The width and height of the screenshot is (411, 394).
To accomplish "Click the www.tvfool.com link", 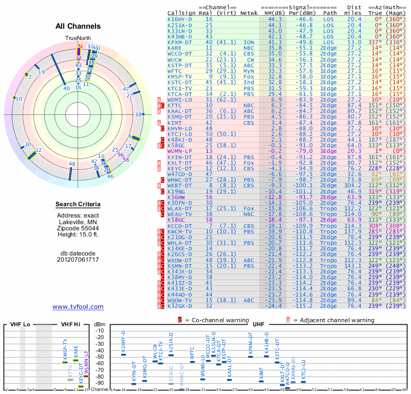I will coord(78,307).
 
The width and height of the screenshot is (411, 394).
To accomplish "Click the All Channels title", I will coord(78,26).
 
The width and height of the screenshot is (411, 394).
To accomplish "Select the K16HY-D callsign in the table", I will coord(180,18).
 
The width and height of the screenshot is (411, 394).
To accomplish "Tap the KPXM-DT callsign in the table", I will coord(180,43).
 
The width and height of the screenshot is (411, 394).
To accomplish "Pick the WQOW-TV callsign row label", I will coord(180,300).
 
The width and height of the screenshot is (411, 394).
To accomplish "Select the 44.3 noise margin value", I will coord(275,18).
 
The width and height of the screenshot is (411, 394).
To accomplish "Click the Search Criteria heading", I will coord(78,205).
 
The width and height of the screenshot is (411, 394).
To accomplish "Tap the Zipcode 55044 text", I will coord(78,228).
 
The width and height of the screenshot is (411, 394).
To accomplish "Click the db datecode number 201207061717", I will coord(78,259).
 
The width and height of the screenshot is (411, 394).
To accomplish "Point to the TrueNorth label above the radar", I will coord(78,38).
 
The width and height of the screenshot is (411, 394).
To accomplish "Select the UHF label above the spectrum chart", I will coord(259,324).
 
